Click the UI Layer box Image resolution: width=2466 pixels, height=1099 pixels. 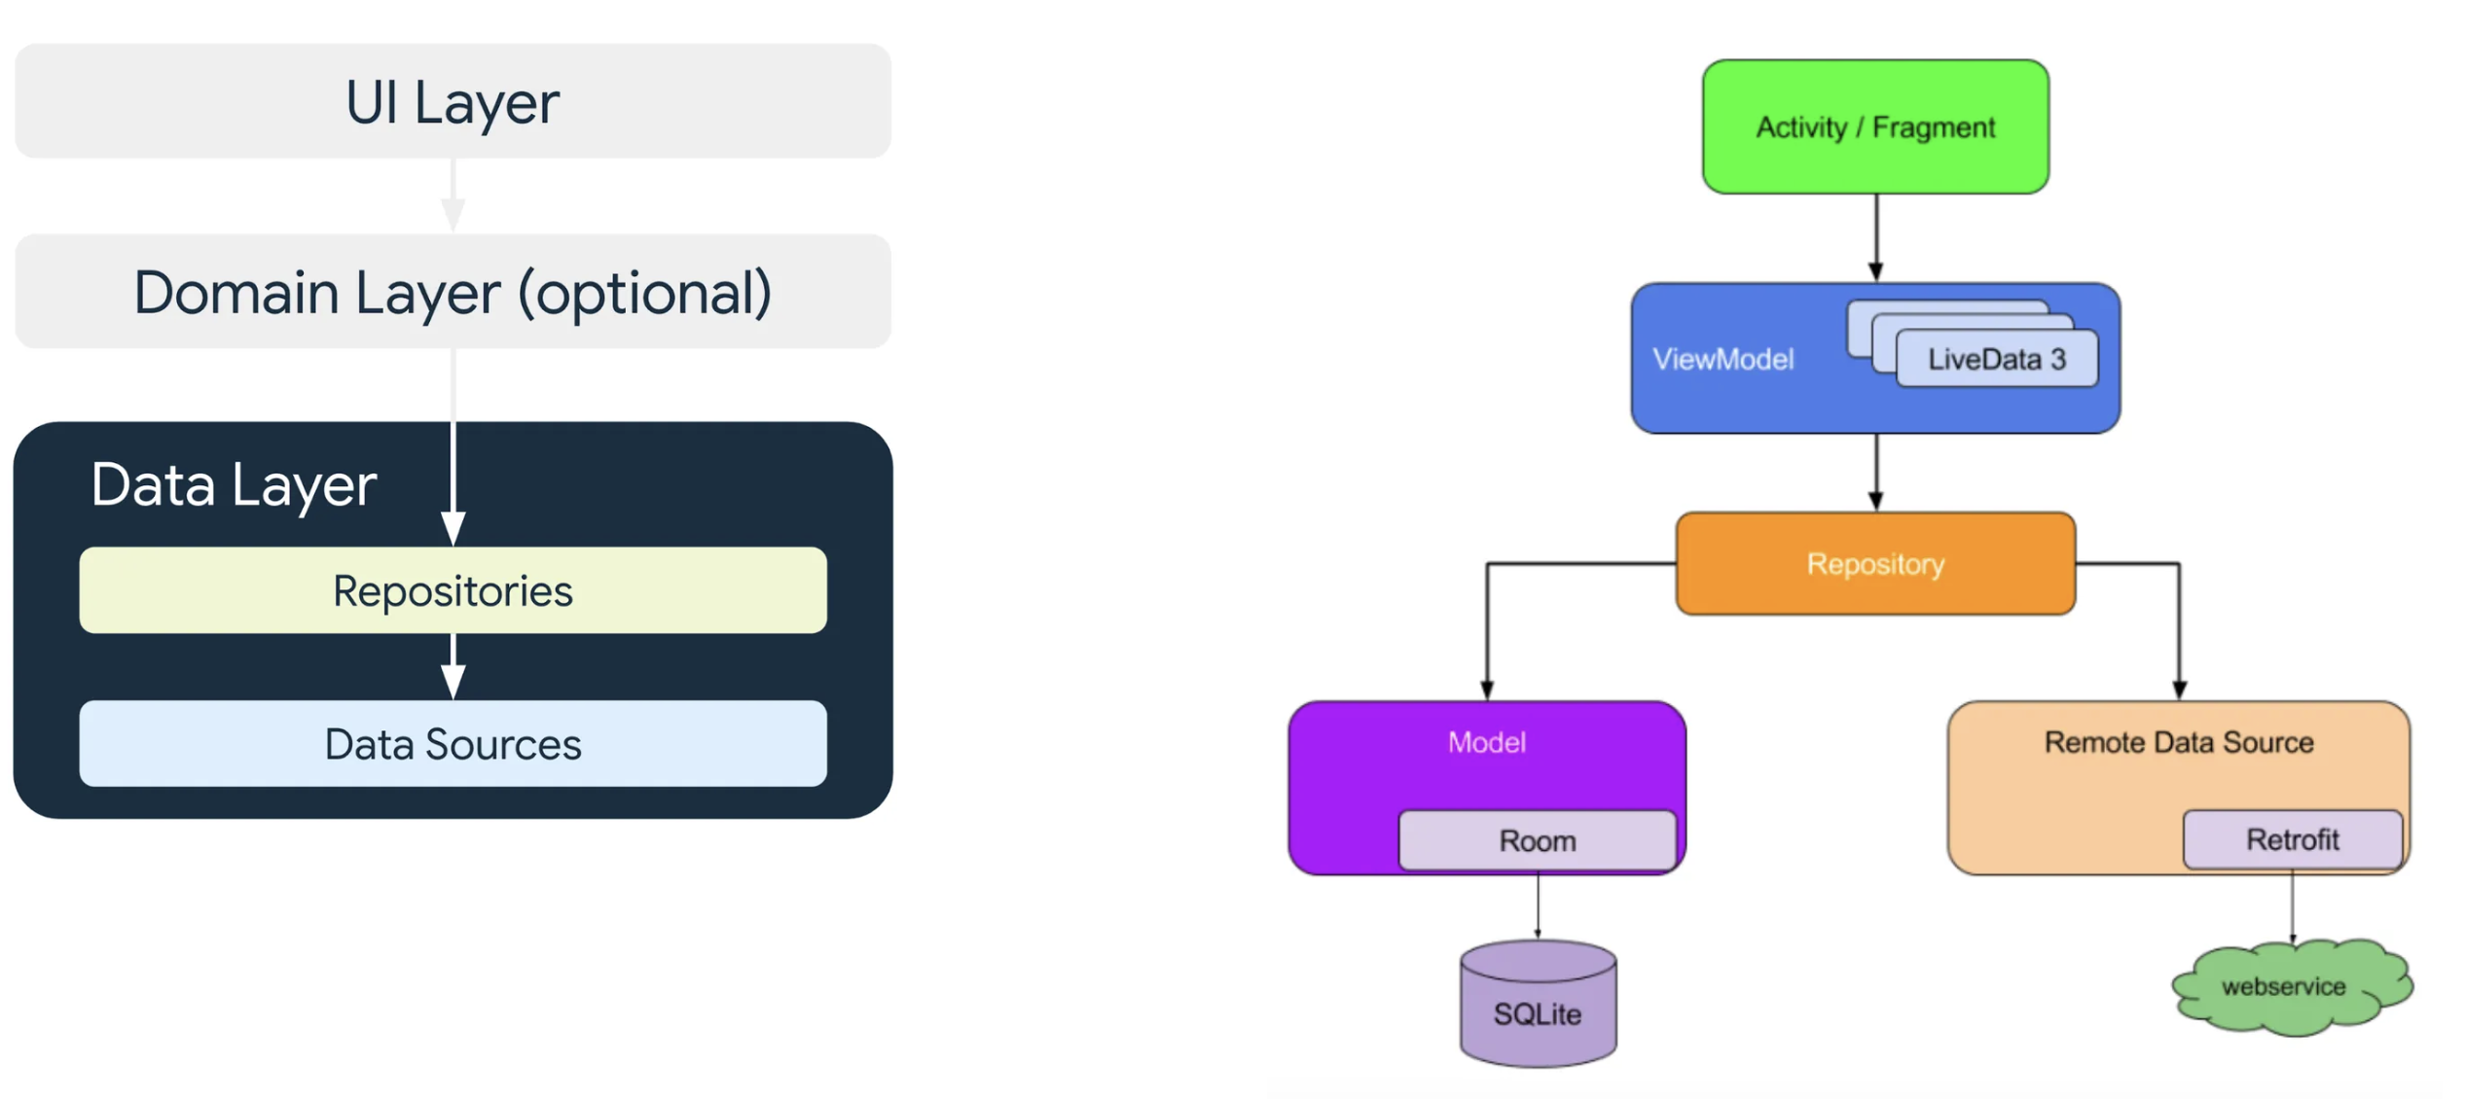(453, 101)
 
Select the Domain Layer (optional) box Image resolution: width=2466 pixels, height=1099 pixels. (453, 292)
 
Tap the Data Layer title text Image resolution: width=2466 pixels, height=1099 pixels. (234, 484)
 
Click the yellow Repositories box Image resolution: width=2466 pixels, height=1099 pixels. (453, 590)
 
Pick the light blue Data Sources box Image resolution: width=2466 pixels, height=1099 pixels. (453, 744)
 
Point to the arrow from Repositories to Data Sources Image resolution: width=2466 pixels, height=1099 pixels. (453, 667)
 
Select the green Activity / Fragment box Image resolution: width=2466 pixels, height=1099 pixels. (1875, 126)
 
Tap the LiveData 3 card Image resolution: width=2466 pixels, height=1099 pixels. (1997, 360)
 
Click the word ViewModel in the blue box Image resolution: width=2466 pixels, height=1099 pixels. (1723, 360)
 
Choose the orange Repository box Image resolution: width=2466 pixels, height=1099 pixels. (1875, 564)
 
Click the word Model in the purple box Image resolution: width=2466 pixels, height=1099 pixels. (1486, 743)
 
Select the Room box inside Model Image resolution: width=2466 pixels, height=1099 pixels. (1537, 840)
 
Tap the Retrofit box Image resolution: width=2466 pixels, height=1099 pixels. (2292, 839)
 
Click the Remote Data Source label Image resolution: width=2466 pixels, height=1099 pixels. (2178, 743)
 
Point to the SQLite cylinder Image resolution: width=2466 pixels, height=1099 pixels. (1538, 1007)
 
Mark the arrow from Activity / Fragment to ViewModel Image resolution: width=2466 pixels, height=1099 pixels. (1876, 238)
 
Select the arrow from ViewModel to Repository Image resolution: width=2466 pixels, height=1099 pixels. (1876, 473)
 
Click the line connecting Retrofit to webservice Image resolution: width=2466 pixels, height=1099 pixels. (2292, 904)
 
